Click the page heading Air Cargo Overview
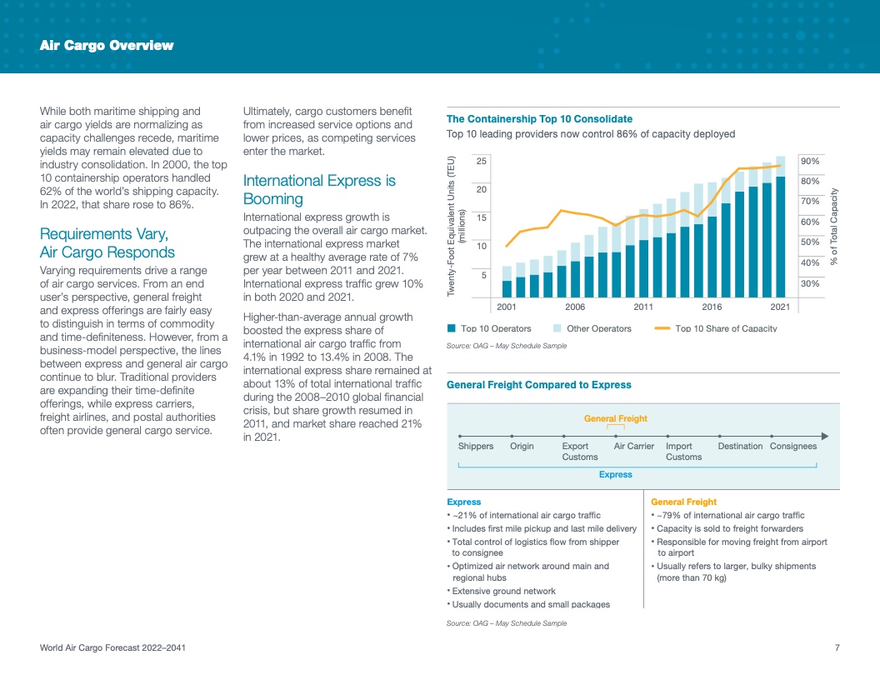click(x=107, y=46)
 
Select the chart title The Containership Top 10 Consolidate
click(x=539, y=119)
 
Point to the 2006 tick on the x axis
click(x=575, y=307)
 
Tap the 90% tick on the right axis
click(x=809, y=161)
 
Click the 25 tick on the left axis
click(x=482, y=160)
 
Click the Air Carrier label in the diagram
click(x=633, y=446)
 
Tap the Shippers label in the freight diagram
click(x=476, y=446)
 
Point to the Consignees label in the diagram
click(x=793, y=446)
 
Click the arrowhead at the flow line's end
click(x=823, y=435)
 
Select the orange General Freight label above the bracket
click(x=616, y=418)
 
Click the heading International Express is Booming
click(x=319, y=190)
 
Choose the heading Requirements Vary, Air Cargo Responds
click(x=107, y=243)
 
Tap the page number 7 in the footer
click(x=837, y=648)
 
